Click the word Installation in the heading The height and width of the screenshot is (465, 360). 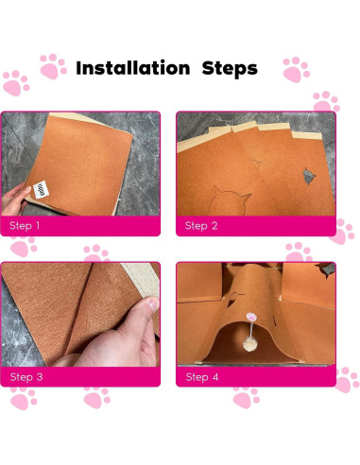[133, 68]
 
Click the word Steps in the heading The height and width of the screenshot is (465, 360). [230, 68]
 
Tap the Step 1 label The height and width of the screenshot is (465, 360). [25, 226]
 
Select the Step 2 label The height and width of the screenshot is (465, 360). [201, 226]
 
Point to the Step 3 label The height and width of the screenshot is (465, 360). [26, 377]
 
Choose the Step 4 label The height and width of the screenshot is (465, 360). [202, 377]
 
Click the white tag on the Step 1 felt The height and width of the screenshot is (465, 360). [41, 190]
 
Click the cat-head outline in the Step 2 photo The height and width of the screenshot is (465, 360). [231, 200]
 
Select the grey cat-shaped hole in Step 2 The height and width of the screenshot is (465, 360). [309, 176]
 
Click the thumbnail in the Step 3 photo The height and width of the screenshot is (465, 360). [153, 304]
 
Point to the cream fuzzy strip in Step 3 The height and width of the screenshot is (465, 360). [141, 280]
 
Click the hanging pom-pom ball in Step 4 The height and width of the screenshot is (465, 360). [250, 344]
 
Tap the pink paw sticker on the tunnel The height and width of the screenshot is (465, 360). [251, 317]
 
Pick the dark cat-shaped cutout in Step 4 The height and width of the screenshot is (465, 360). [326, 269]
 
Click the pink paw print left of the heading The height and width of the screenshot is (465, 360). [53, 66]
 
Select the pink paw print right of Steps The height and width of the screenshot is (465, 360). [296, 70]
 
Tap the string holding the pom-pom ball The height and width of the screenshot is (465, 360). [251, 329]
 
